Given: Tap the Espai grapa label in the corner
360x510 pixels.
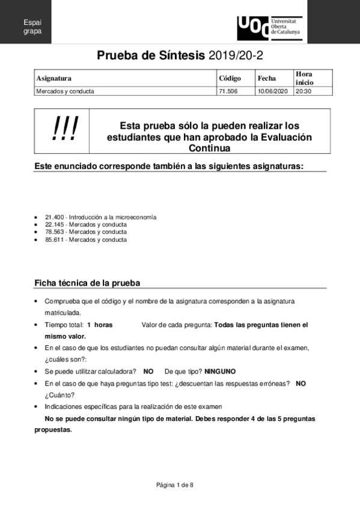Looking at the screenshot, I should tap(32, 26).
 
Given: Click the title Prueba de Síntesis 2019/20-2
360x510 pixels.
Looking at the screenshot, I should tap(180, 56).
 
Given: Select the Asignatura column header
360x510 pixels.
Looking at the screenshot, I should tap(54, 78).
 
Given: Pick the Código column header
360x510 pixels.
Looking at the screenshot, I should tap(230, 78).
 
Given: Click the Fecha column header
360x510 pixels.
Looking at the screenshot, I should tap(266, 78).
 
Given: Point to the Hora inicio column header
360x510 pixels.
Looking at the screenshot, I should tap(304, 78).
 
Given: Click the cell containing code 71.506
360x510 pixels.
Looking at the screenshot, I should tap(228, 91).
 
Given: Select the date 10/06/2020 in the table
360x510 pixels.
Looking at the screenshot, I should tap(273, 91).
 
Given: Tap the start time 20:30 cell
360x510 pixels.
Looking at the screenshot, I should tap(304, 91).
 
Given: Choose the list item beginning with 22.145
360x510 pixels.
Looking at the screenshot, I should tap(86, 224).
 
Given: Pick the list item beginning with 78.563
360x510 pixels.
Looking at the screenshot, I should tap(86, 232).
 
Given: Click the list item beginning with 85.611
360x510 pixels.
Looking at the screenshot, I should tap(86, 239).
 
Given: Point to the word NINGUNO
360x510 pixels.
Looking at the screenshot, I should tap(220, 371).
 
